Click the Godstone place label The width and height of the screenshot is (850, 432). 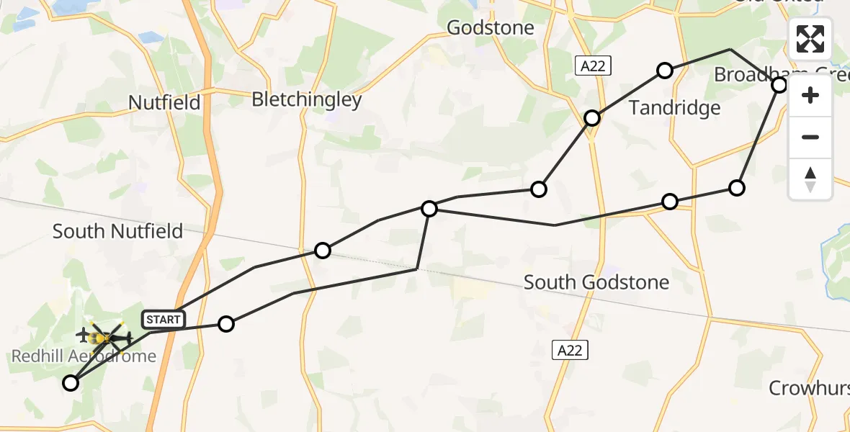click(x=491, y=28)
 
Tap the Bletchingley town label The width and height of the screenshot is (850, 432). click(x=306, y=99)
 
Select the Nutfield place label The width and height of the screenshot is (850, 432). click(x=164, y=102)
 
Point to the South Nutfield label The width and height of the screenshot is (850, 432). click(x=117, y=231)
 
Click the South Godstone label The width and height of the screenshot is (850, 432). click(x=596, y=282)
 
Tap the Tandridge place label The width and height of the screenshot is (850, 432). click(x=674, y=108)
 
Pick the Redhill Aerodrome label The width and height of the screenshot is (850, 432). click(x=84, y=356)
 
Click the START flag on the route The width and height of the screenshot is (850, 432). click(x=164, y=318)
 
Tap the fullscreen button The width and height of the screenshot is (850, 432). click(x=810, y=39)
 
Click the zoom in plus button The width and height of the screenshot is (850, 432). click(x=810, y=96)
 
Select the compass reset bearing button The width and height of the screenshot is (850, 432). click(x=810, y=179)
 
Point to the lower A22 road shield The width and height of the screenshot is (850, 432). click(x=571, y=350)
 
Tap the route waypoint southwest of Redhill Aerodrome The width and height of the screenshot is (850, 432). click(x=71, y=383)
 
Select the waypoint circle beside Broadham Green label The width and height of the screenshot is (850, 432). click(x=779, y=85)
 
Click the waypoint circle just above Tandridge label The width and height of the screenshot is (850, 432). click(x=665, y=71)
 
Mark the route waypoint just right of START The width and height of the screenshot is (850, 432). click(x=226, y=324)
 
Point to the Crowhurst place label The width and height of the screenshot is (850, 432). click(x=808, y=389)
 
